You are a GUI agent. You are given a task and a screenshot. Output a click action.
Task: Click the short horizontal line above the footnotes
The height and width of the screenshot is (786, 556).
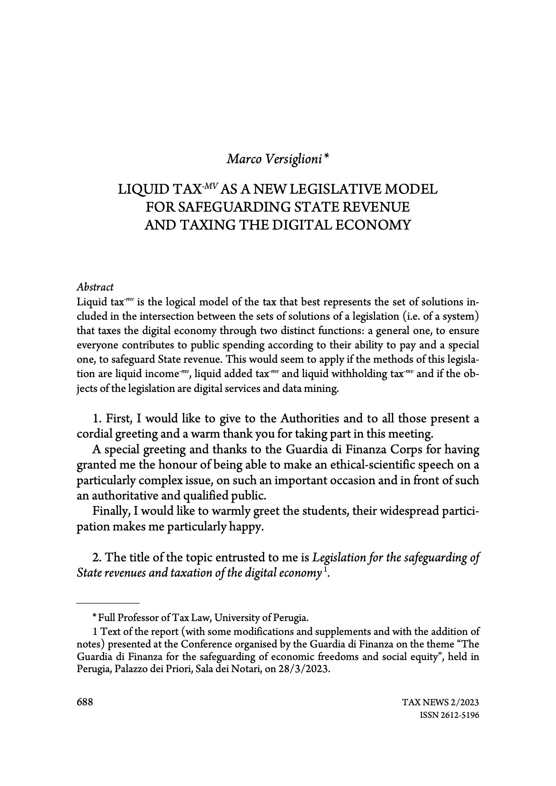[108, 603]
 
